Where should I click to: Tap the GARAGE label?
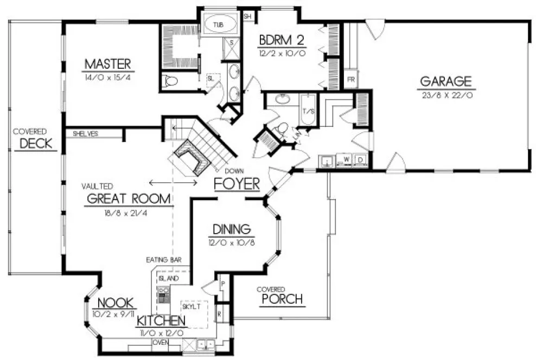coord(445,82)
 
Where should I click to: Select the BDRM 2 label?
coord(282,40)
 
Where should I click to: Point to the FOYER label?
coord(237,184)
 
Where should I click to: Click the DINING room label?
coord(231,229)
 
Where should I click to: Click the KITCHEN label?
coord(162,320)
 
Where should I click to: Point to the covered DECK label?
coord(36,144)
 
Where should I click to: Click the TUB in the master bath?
coord(220,25)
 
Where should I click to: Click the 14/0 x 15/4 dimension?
coord(108,78)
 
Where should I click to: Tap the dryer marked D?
coord(360,160)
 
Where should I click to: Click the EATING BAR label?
coord(163,260)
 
